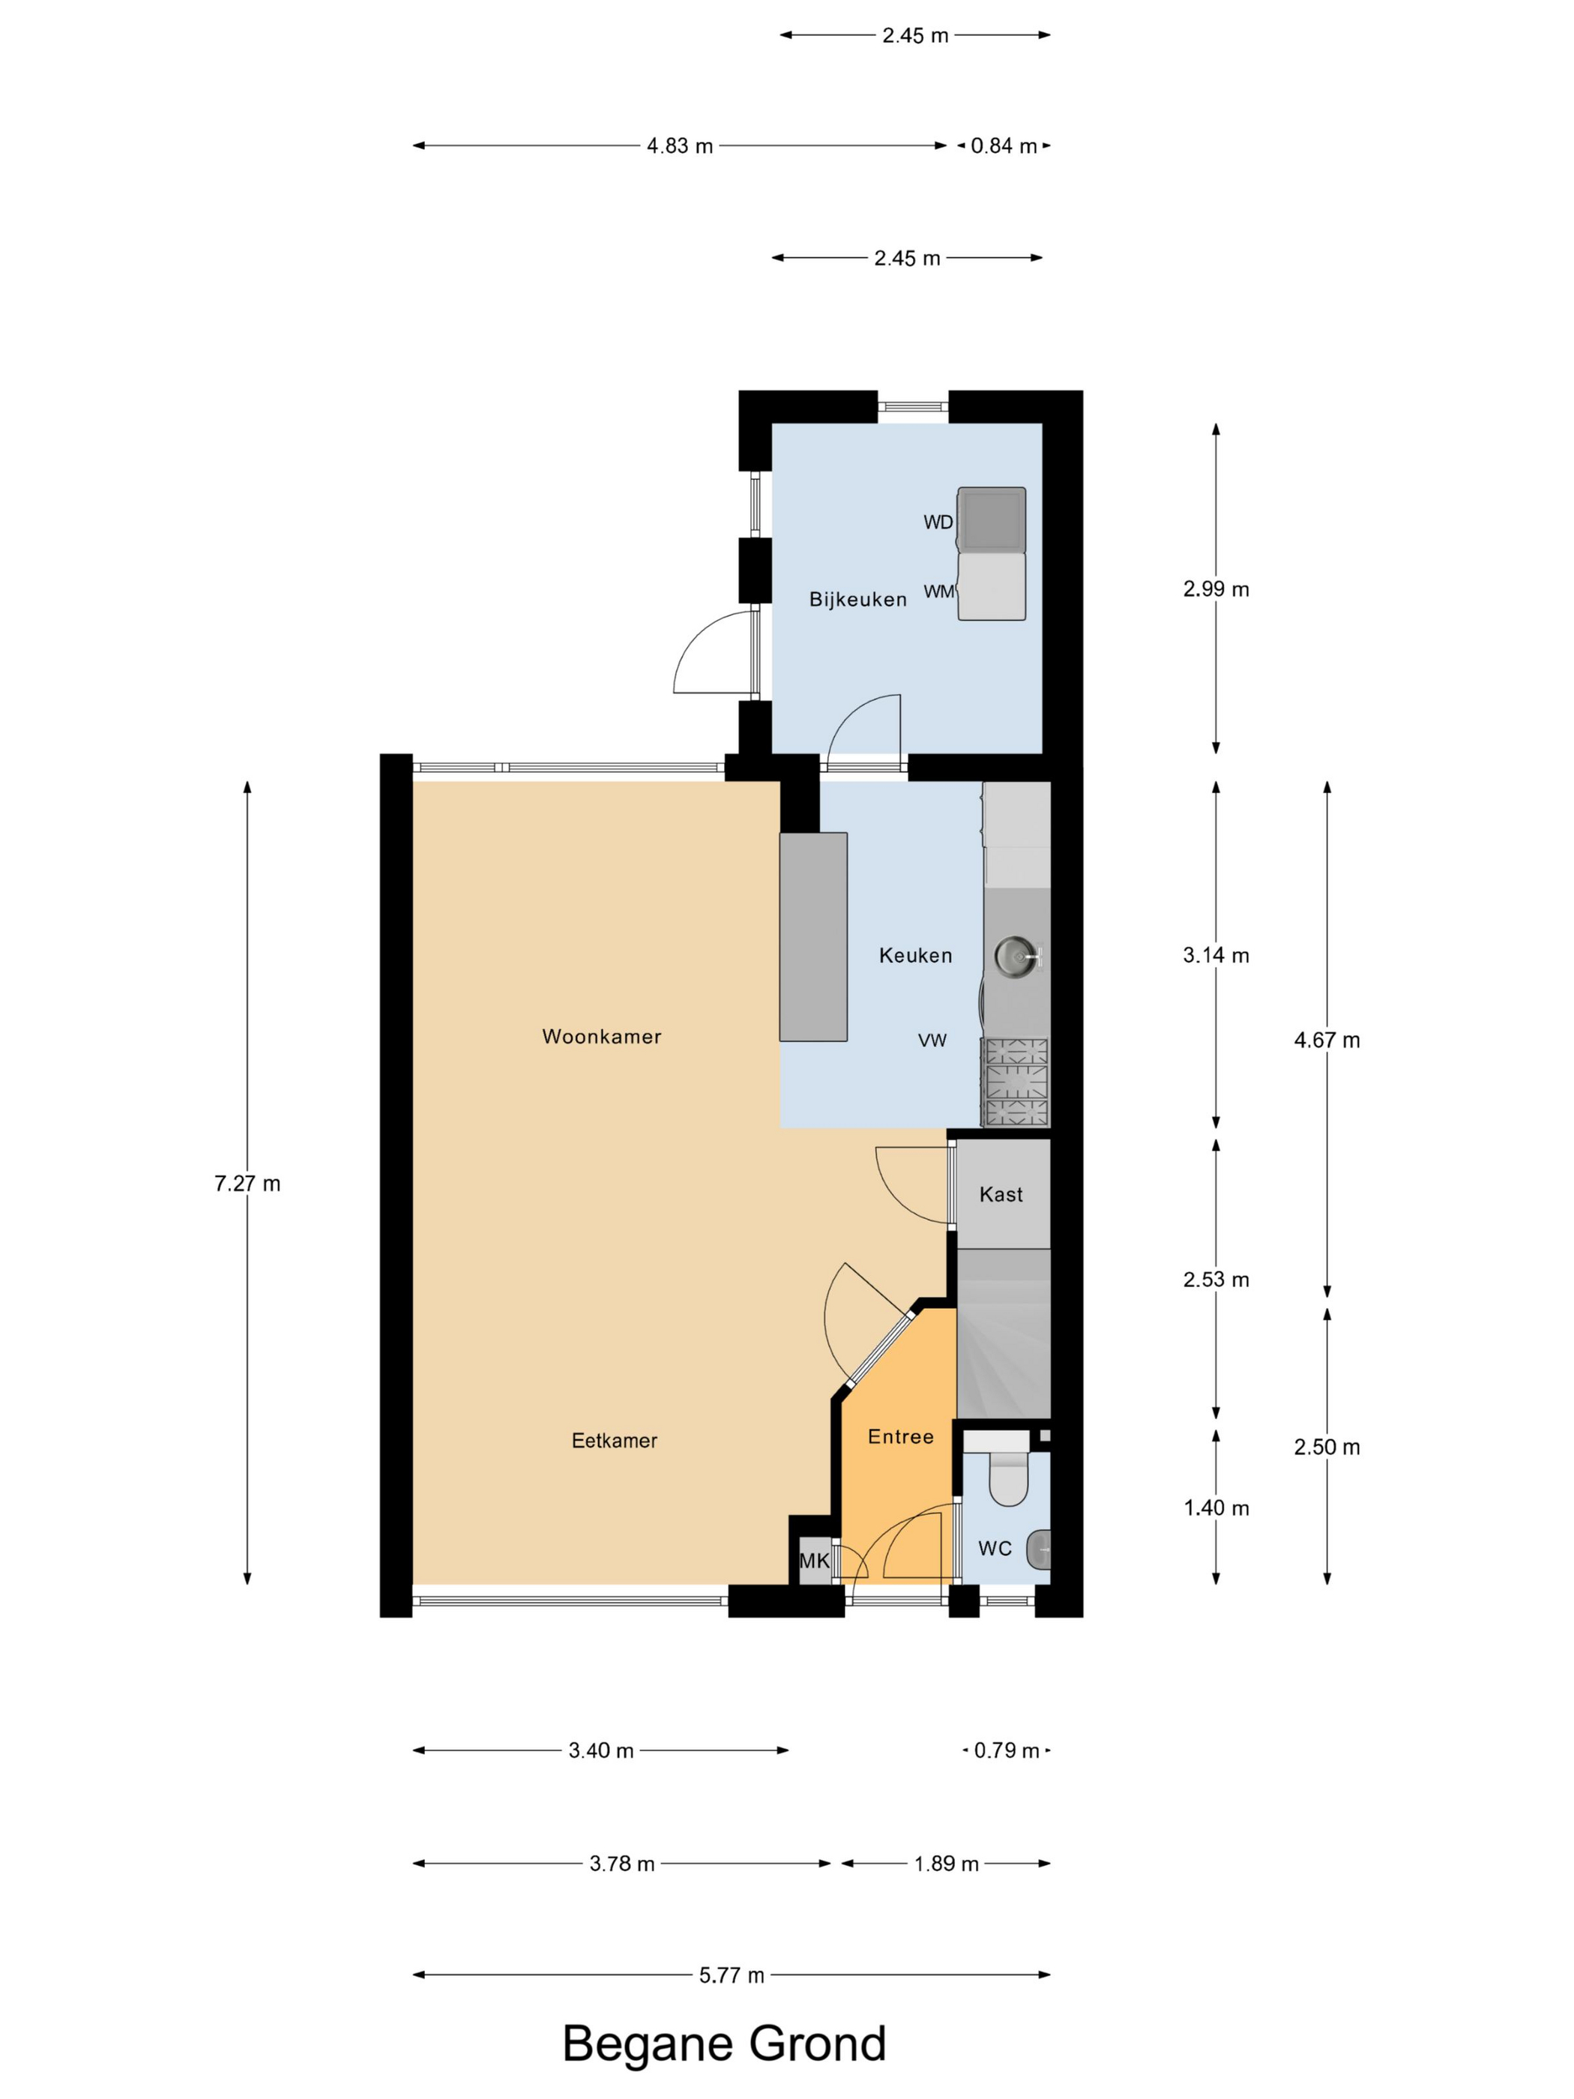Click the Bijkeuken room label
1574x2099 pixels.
857,600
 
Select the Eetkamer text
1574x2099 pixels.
614,1441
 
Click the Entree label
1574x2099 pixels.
900,1436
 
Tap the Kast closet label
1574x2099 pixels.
1001,1195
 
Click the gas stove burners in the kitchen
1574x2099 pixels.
1017,1082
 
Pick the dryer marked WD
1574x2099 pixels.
992,520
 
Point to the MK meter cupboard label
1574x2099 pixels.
814,1561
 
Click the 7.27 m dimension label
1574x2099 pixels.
247,1183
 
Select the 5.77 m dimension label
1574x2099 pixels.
732,1975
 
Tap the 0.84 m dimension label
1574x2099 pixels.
1004,146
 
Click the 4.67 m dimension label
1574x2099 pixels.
1327,1040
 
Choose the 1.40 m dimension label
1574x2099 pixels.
1216,1508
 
